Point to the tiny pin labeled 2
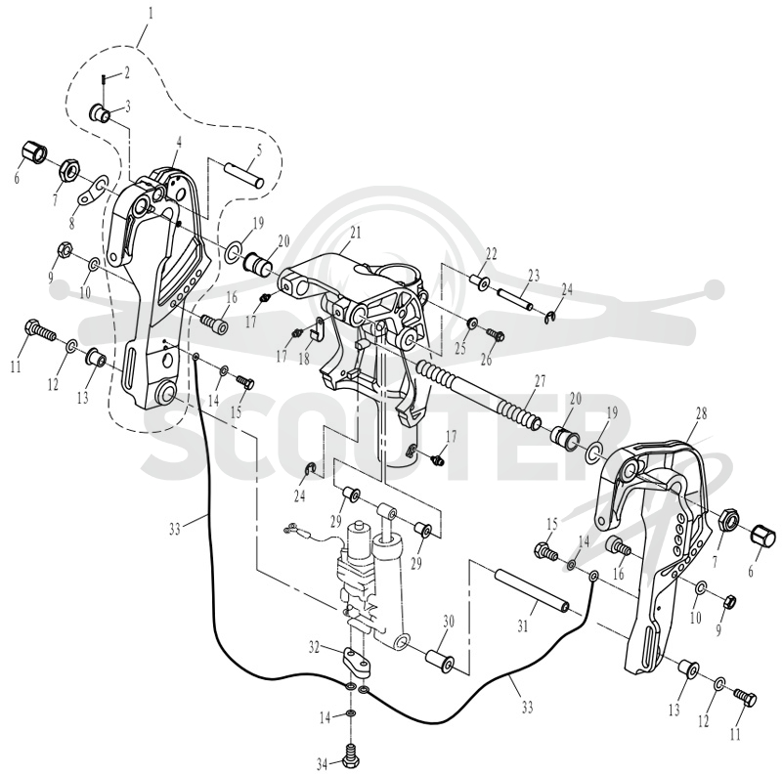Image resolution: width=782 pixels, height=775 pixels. pos(103,78)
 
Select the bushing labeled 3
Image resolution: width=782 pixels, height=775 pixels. pos(101,112)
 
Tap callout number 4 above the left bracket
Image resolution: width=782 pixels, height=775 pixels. pos(179,142)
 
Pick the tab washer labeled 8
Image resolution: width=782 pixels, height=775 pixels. pos(93,191)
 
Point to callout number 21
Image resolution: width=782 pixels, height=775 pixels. pos(355,232)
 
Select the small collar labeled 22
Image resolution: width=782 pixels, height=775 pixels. pos(481,281)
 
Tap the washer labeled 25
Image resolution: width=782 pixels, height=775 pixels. pos(471,323)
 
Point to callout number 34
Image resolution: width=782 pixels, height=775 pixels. pos(323,763)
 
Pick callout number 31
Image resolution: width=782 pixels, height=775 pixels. pos(522,625)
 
